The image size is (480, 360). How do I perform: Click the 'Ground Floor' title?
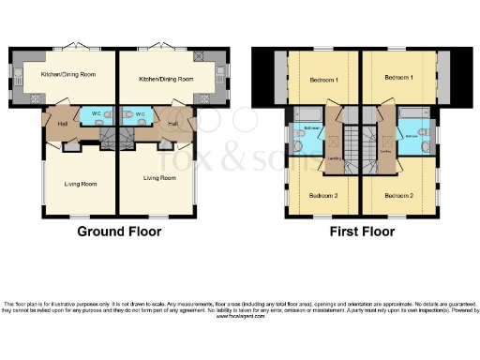click(118, 232)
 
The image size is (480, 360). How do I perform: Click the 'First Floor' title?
click(361, 232)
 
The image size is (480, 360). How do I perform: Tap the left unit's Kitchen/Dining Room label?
click(67, 73)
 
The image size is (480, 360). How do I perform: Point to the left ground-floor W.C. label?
click(97, 115)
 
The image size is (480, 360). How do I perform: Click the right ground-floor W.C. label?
click(140, 115)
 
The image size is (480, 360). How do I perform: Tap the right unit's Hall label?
click(173, 123)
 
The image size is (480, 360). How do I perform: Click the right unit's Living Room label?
click(159, 177)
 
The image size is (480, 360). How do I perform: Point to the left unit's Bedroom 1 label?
click(323, 81)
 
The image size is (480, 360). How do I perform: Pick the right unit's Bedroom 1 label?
click(399, 76)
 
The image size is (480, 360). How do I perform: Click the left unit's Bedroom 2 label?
click(323, 195)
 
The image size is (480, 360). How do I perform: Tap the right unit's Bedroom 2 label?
click(399, 195)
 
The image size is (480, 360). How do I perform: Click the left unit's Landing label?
click(333, 158)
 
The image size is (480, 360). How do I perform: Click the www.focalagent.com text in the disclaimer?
click(240, 317)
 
